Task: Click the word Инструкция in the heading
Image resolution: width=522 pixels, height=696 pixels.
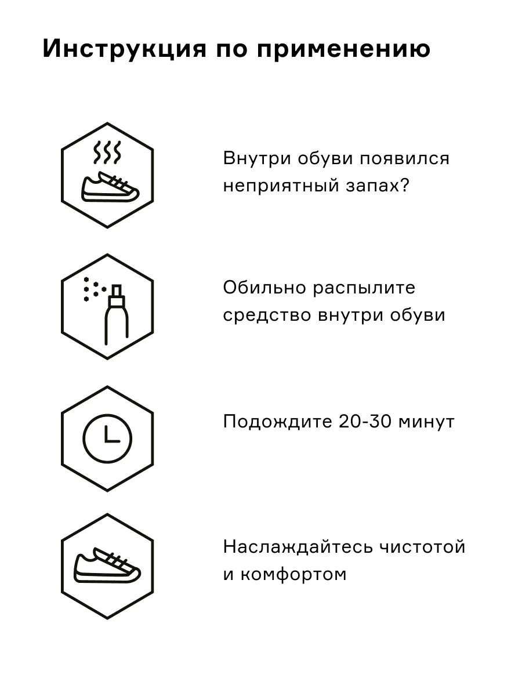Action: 124,49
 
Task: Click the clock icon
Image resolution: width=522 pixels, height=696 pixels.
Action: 107,438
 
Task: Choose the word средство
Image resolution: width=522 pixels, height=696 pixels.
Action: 266,316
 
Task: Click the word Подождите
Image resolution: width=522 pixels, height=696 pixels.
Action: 275,422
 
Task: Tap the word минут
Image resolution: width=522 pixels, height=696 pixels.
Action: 426,422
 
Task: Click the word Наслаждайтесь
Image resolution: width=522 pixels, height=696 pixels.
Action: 296,548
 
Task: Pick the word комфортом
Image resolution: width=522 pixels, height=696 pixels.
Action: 293,575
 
